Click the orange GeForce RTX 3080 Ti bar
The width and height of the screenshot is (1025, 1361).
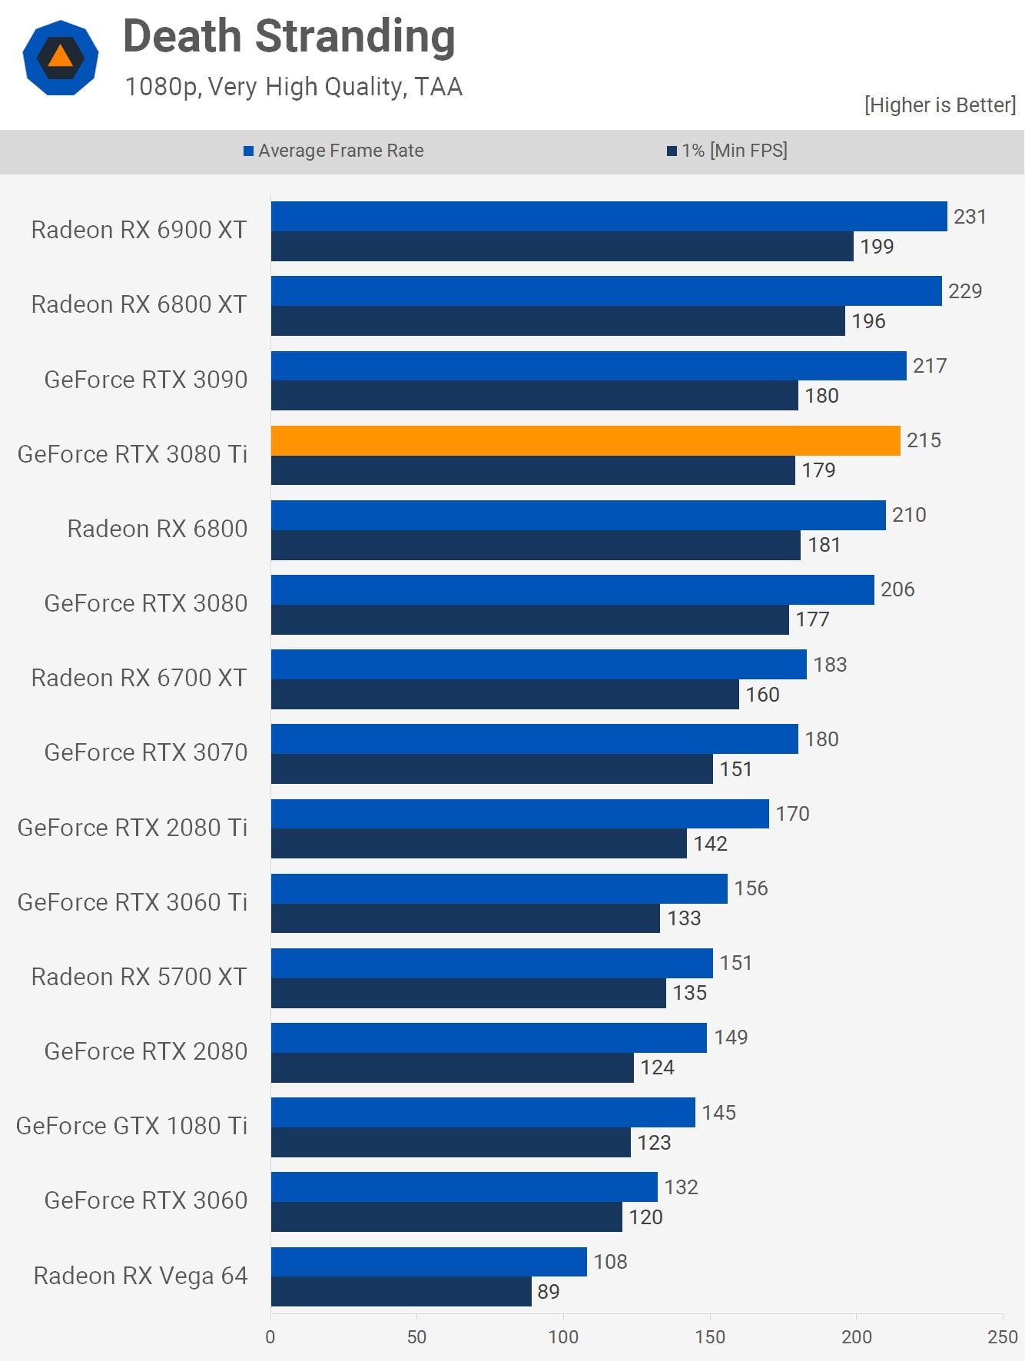(585, 440)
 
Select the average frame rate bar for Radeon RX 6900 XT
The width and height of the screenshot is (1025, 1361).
(609, 216)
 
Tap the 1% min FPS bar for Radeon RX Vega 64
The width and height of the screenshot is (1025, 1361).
(400, 1291)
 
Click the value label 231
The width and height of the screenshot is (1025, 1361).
(970, 217)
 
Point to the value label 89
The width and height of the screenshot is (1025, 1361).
(548, 1292)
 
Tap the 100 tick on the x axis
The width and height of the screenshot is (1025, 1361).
(563, 1336)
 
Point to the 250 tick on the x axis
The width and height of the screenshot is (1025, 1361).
(1002, 1336)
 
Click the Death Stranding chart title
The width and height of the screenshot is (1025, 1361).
(289, 36)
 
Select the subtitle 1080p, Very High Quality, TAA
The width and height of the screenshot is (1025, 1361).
(294, 87)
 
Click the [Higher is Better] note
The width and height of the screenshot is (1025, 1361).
(939, 105)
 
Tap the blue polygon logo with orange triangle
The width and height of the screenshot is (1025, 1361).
(61, 58)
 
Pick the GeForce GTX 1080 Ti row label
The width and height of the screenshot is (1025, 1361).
(131, 1126)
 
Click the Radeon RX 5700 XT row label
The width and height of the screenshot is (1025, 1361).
(138, 977)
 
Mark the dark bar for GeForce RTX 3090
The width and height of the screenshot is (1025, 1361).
(534, 396)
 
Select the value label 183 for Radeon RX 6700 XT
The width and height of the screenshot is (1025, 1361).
(830, 665)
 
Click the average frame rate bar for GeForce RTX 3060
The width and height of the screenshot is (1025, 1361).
(464, 1187)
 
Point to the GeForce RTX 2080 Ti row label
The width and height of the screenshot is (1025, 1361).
(132, 828)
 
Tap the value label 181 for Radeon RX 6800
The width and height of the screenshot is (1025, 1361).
(824, 545)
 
